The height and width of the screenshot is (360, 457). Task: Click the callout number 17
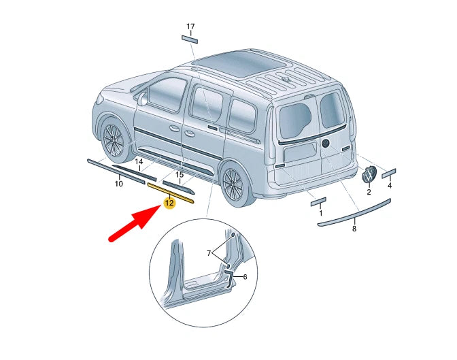pyautogui.click(x=190, y=27)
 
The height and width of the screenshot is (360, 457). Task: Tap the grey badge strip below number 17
pyautogui.click(x=189, y=39)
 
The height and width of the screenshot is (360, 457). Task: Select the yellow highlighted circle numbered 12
pyautogui.click(x=169, y=202)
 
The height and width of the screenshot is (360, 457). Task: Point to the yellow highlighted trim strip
pyautogui.click(x=171, y=193)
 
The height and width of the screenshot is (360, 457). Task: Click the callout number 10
pyautogui.click(x=118, y=184)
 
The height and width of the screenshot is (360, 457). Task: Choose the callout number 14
pyautogui.click(x=139, y=162)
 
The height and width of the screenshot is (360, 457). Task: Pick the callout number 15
pyautogui.click(x=180, y=175)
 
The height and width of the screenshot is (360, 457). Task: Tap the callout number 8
pyautogui.click(x=354, y=229)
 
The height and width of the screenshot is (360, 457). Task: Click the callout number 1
pyautogui.click(x=320, y=213)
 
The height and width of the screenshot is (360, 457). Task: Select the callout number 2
pyautogui.click(x=369, y=192)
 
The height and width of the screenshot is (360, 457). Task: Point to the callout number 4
pyautogui.click(x=390, y=185)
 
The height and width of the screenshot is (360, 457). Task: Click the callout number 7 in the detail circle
pyautogui.click(x=210, y=253)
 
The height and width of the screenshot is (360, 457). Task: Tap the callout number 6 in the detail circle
pyautogui.click(x=245, y=277)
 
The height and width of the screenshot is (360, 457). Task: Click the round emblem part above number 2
pyautogui.click(x=369, y=173)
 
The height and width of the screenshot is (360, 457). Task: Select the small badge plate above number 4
pyautogui.click(x=389, y=173)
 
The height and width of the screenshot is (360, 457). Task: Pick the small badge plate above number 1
pyautogui.click(x=318, y=201)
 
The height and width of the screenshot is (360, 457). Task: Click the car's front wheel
pyautogui.click(x=113, y=141)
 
